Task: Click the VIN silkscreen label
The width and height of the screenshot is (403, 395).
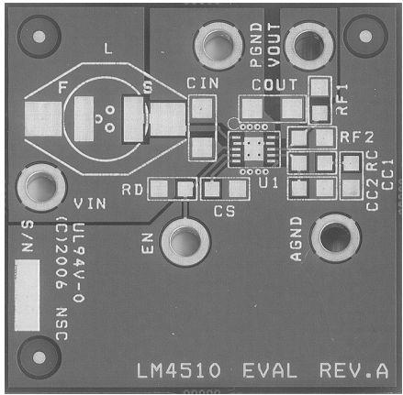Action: (x=90, y=203)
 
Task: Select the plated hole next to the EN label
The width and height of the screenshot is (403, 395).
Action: (x=185, y=241)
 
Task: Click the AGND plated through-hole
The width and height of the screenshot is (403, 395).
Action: (x=335, y=237)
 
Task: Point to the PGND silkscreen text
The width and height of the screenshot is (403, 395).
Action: (x=256, y=45)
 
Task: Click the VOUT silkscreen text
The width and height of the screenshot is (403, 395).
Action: (x=274, y=45)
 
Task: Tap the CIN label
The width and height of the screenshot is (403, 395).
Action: (x=203, y=83)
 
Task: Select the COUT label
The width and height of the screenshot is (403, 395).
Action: (x=274, y=84)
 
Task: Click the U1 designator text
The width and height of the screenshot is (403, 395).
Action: (x=268, y=182)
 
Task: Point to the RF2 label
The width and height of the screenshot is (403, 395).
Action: (x=357, y=137)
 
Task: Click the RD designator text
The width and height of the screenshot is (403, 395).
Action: (x=132, y=190)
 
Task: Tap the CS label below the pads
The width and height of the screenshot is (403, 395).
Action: (x=224, y=211)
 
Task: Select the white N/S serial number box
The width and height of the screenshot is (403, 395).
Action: (x=28, y=295)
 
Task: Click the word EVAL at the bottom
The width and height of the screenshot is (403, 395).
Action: (x=270, y=371)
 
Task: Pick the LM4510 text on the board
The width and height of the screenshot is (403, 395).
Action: (x=178, y=371)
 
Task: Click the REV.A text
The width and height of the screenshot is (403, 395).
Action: (x=354, y=371)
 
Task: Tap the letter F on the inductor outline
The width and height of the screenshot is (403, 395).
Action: (x=62, y=88)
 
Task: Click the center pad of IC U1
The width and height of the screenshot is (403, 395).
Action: (x=253, y=148)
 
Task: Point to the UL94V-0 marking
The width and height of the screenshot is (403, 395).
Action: (x=78, y=262)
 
